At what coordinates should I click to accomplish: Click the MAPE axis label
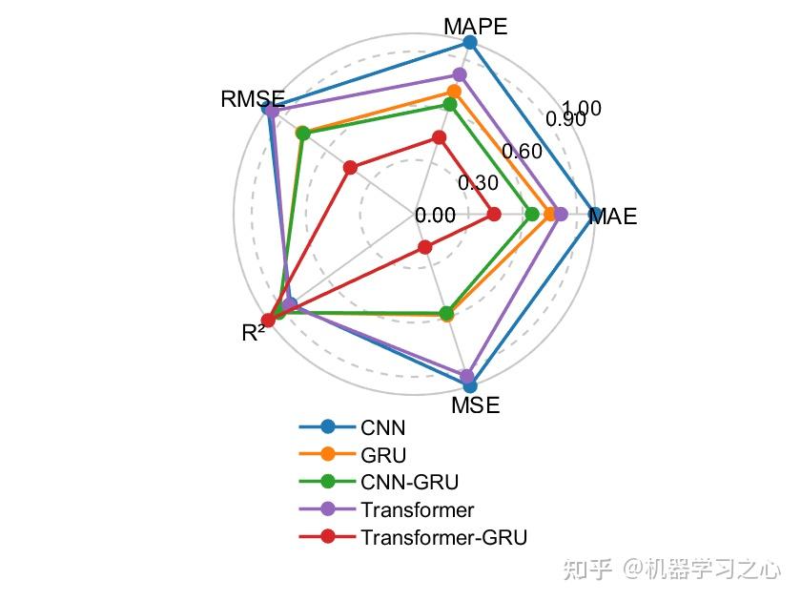pos(476,26)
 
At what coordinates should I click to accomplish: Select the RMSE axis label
pos(252,98)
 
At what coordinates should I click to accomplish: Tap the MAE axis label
pos(612,217)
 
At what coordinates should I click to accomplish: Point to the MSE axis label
pos(475,405)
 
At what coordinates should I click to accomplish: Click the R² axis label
pos(254,333)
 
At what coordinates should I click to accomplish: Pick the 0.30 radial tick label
pos(477,183)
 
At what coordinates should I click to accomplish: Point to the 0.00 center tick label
pos(435,216)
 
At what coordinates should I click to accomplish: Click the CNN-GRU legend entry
pos(402,482)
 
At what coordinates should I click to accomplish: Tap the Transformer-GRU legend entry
pos(443,536)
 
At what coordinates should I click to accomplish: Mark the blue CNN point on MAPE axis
pos(469,42)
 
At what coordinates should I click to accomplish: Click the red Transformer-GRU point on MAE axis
pos(493,215)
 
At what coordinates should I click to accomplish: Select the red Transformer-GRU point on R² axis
pos(268,321)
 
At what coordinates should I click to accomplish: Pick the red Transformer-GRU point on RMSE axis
pos(350,168)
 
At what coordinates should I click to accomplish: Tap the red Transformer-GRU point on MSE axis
pos(424,248)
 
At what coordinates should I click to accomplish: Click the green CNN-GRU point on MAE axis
pos(532,215)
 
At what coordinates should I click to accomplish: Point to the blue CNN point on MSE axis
pos(469,386)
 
